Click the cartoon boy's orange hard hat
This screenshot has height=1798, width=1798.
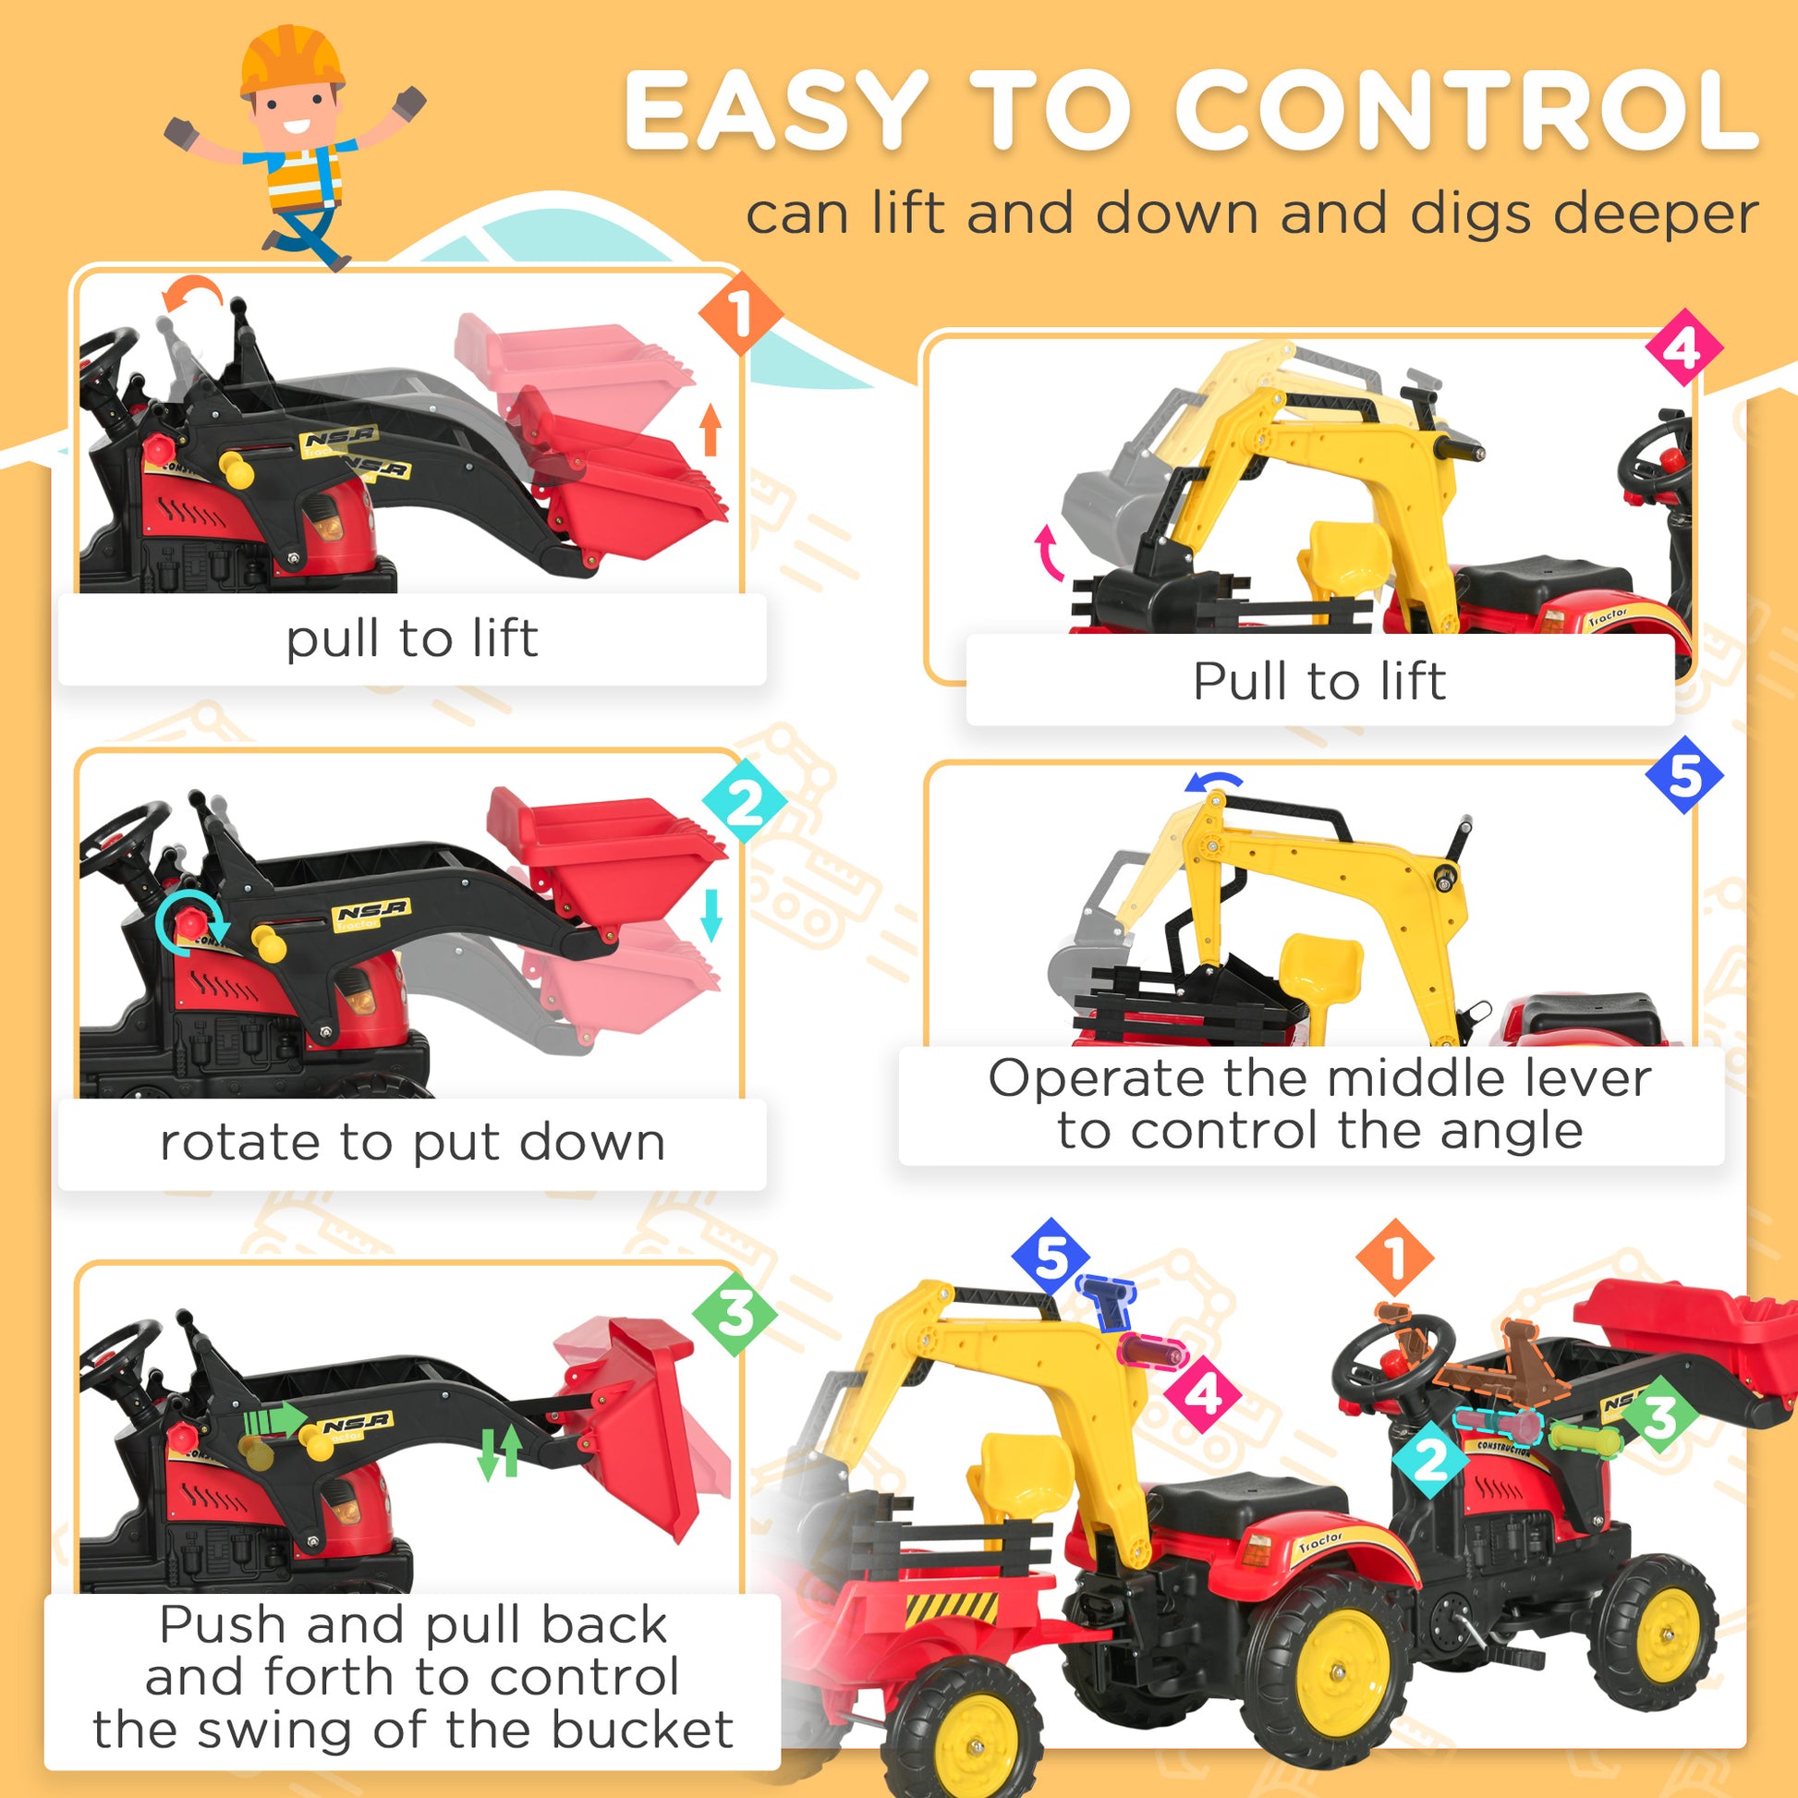coord(290,57)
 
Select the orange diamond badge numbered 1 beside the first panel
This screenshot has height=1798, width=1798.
coord(740,313)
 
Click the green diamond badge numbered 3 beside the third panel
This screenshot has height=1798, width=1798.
coord(735,1313)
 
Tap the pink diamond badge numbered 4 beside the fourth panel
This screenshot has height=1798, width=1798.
coord(1683,347)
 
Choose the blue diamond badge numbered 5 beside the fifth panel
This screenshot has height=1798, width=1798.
coord(1683,775)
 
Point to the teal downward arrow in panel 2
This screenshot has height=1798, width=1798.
coord(712,914)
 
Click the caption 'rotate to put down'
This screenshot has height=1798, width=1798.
coord(412,1143)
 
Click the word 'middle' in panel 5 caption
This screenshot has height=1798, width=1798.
coord(1403,1078)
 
